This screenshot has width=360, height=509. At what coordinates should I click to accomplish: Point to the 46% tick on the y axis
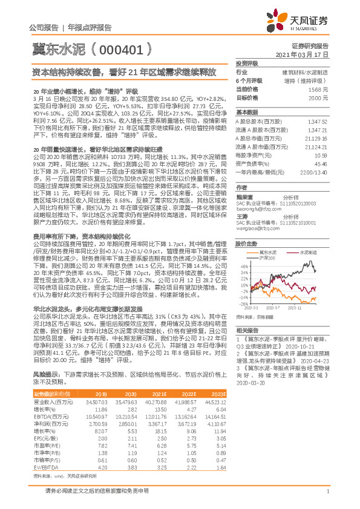(x=244, y=265)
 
